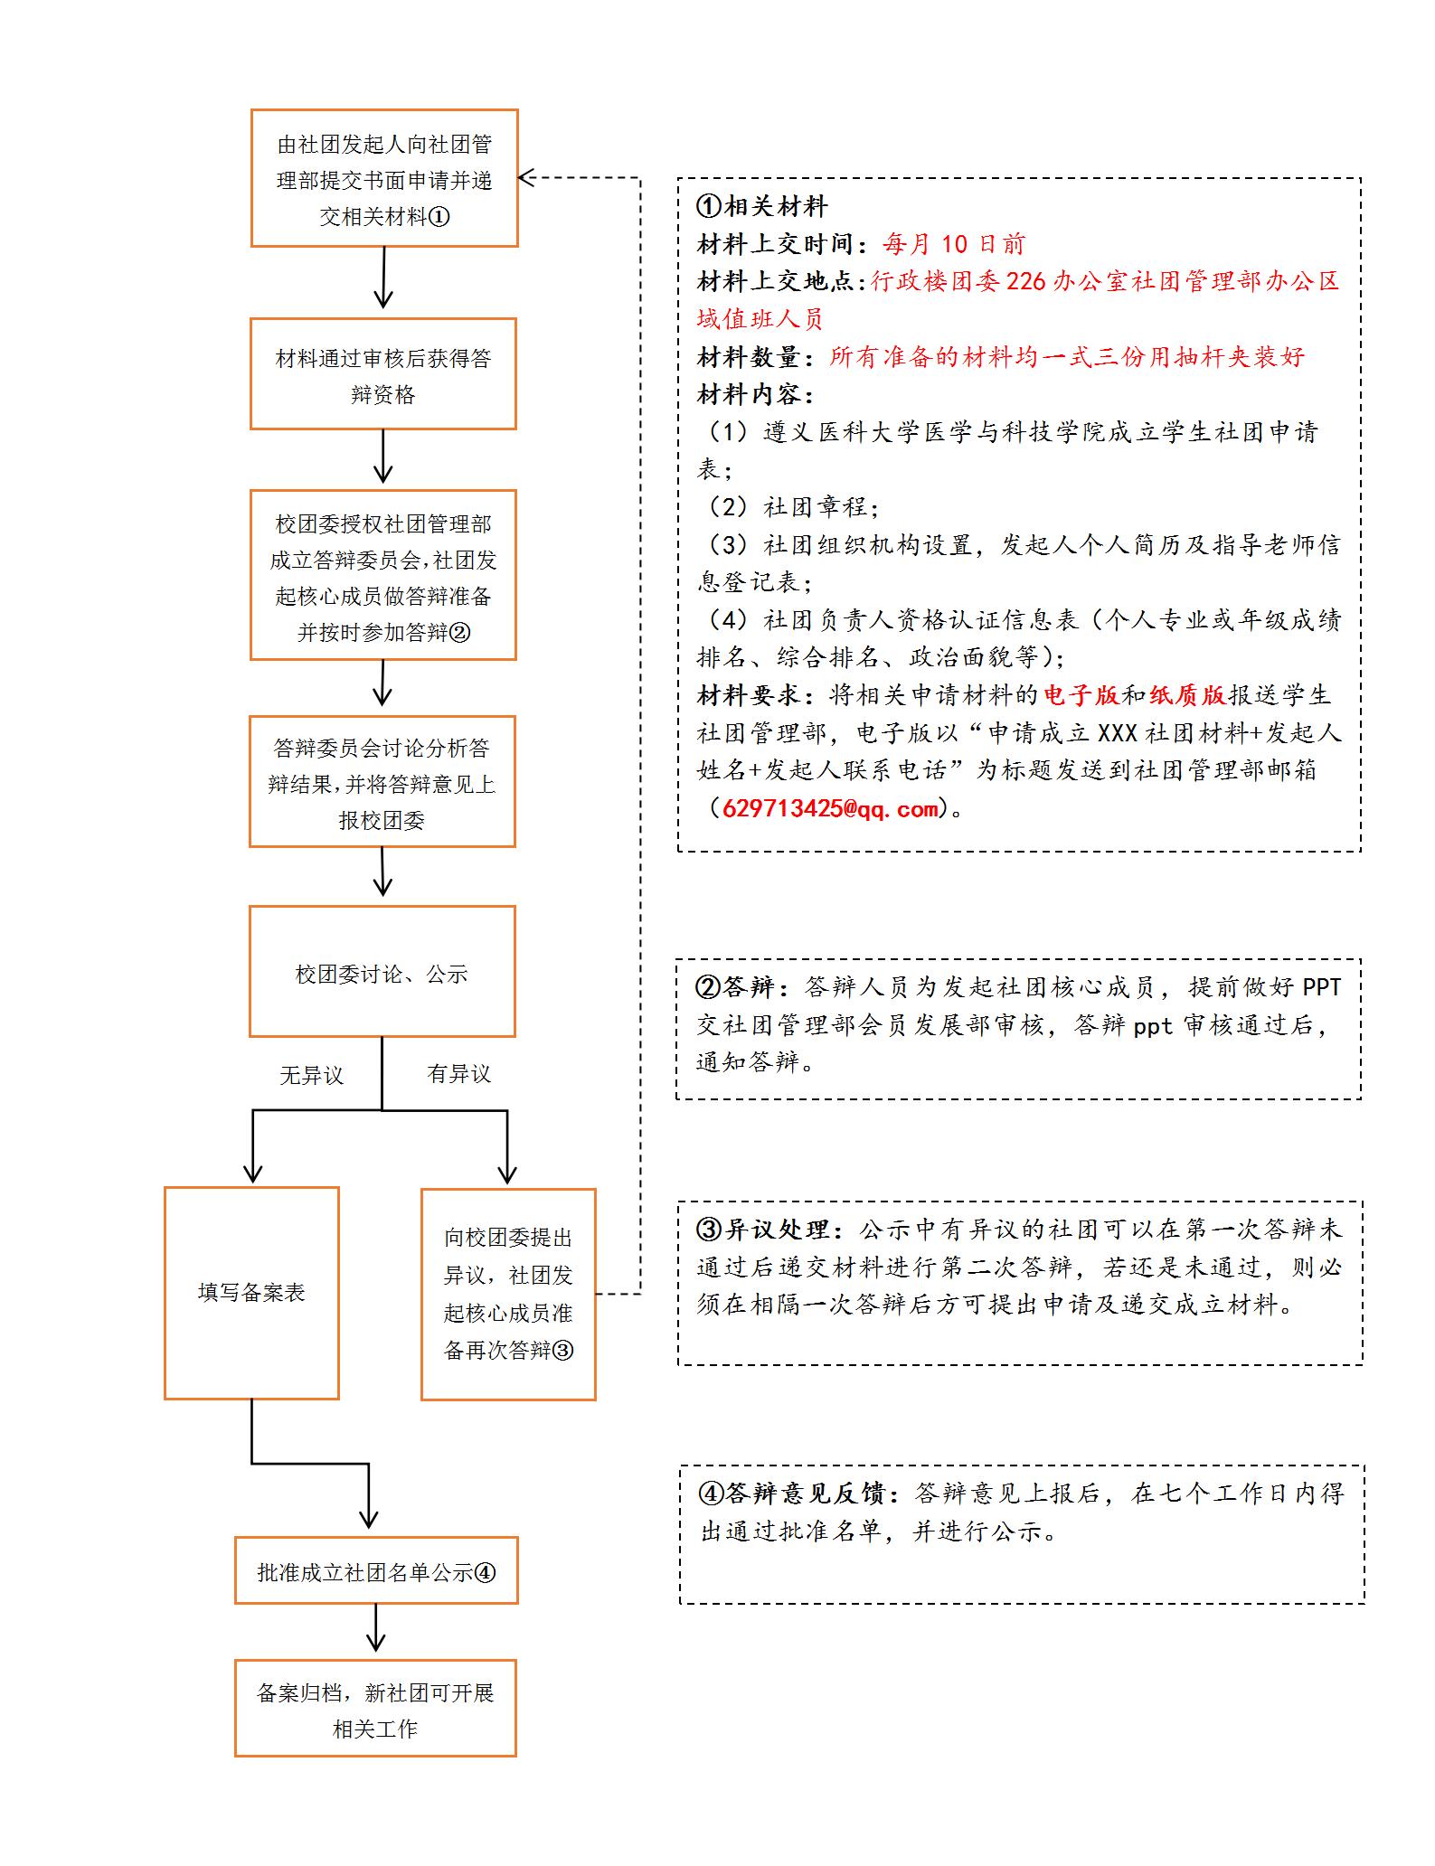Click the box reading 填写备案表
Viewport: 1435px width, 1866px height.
click(x=251, y=1292)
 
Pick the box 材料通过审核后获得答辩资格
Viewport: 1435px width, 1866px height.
click(x=382, y=374)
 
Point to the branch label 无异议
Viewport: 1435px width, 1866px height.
click(x=311, y=1075)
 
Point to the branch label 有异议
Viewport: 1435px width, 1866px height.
click(x=458, y=1074)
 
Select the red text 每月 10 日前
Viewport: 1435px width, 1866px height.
click(x=953, y=244)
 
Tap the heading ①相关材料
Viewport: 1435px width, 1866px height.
click(x=761, y=207)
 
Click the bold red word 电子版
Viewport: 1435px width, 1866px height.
click(x=1081, y=694)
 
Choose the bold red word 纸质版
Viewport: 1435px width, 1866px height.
click(x=1187, y=694)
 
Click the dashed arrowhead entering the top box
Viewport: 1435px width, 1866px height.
click(x=527, y=178)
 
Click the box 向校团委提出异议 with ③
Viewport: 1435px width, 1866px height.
click(x=508, y=1294)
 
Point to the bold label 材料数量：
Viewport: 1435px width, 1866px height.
click(x=762, y=357)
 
